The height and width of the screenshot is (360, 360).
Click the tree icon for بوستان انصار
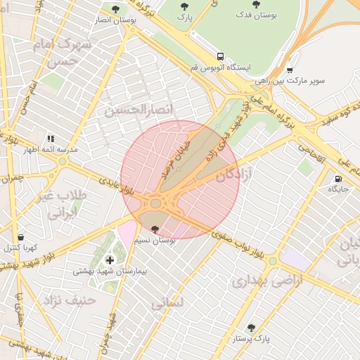click(115, 9)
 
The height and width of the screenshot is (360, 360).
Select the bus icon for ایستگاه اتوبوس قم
click(221, 56)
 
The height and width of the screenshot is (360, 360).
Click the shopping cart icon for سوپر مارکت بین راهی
click(290, 70)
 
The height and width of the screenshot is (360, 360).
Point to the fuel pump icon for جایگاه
click(340, 179)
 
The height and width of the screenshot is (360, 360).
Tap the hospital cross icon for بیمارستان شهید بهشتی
click(110, 260)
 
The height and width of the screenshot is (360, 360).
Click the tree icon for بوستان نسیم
click(155, 229)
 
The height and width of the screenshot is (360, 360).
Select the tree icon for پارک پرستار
click(251, 328)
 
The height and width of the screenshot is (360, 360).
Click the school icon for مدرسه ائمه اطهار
click(50, 139)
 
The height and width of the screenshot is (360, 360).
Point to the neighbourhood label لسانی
click(167, 304)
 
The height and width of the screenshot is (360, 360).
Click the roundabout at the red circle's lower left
click(155, 204)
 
